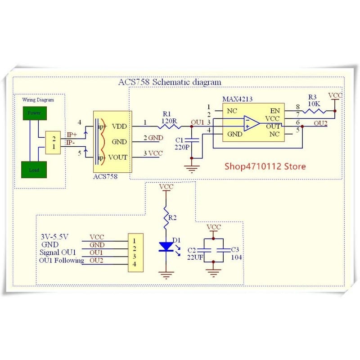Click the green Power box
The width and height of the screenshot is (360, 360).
tap(34, 113)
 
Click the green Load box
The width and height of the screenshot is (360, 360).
tap(34, 170)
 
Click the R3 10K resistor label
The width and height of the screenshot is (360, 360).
tap(313, 100)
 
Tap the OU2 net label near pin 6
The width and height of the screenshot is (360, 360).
tap(321, 123)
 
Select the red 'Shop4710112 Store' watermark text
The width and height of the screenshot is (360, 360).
tap(265, 166)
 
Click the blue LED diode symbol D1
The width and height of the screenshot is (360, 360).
tap(166, 246)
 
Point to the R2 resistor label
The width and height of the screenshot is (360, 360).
tap(173, 218)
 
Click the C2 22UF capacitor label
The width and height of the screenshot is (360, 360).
tap(194, 253)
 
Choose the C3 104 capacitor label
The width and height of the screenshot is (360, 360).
tap(236, 253)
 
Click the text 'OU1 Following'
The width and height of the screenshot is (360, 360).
tap(61, 261)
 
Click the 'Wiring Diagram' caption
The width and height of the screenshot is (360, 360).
tap(40, 100)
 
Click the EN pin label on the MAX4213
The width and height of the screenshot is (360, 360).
tap(274, 110)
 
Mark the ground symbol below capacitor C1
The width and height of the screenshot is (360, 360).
tap(192, 168)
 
